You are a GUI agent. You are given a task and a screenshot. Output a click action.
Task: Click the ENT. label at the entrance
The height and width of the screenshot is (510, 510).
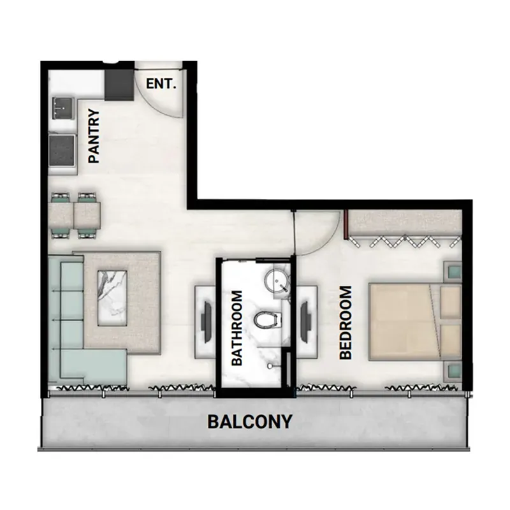(x=161, y=84)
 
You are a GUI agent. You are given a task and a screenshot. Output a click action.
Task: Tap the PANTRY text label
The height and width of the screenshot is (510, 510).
(x=94, y=136)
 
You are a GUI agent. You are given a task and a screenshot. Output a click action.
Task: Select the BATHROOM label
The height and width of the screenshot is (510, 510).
(x=237, y=328)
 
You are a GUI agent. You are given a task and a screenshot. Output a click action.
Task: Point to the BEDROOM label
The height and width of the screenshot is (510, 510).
(x=346, y=323)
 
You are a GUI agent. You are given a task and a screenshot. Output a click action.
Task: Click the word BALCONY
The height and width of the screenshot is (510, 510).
(x=250, y=421)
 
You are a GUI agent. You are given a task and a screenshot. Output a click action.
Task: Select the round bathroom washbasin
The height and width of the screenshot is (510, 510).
(x=275, y=281)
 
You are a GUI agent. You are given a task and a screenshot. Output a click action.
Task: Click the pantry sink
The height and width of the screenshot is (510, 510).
(x=62, y=108)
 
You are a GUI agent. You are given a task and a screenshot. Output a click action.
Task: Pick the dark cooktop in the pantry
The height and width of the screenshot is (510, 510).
(x=62, y=150)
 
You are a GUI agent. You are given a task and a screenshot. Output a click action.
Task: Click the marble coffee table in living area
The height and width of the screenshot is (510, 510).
(x=112, y=298)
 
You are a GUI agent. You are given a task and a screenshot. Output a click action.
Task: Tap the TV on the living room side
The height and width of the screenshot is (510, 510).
(x=207, y=322)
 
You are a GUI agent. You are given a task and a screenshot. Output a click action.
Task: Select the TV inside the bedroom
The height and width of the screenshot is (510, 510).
(x=305, y=322)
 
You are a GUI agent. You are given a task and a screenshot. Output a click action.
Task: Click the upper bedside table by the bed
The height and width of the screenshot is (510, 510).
(x=453, y=270)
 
